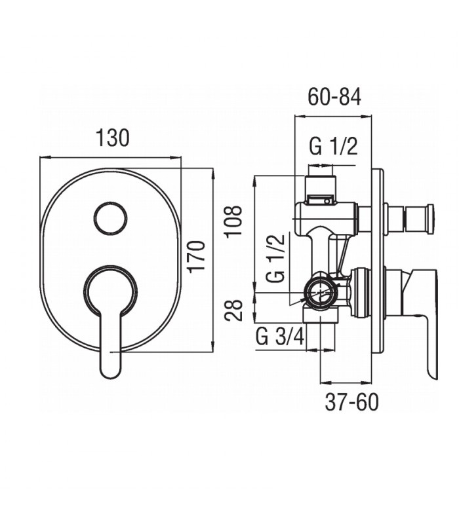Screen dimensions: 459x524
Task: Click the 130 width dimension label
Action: tap(112, 138)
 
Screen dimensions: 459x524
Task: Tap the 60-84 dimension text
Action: tap(334, 97)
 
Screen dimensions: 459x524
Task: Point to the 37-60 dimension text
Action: tap(351, 402)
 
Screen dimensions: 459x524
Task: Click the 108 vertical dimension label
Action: tap(234, 221)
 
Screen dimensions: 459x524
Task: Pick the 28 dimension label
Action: tap(233, 310)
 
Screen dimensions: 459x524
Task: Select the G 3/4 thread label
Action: tap(280, 337)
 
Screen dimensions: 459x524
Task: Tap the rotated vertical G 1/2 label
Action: tap(275, 258)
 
